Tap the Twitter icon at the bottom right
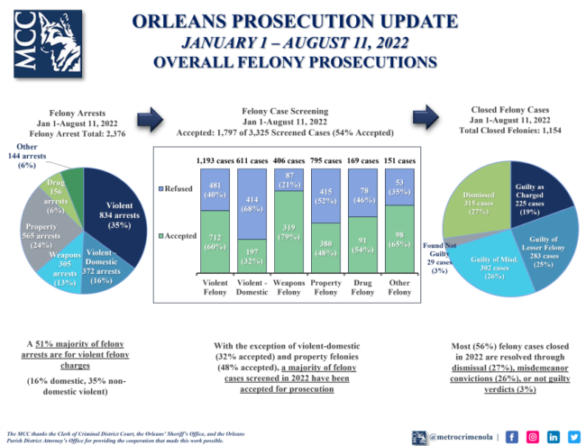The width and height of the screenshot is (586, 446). pos(573,412)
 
